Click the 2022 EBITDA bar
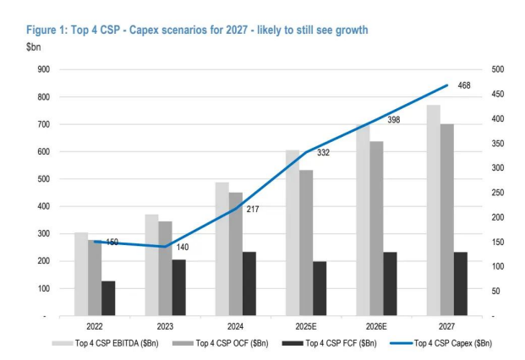tap(80, 274)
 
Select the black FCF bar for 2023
tap(179, 287)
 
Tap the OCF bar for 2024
tap(236, 254)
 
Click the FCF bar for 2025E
tap(320, 288)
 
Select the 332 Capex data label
tap(323, 153)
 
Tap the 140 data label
tap(183, 246)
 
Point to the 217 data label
tap(252, 208)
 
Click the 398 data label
tap(394, 121)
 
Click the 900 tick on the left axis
tap(41, 70)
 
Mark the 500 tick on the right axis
tap(497, 70)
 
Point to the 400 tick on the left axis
tap(41, 206)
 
